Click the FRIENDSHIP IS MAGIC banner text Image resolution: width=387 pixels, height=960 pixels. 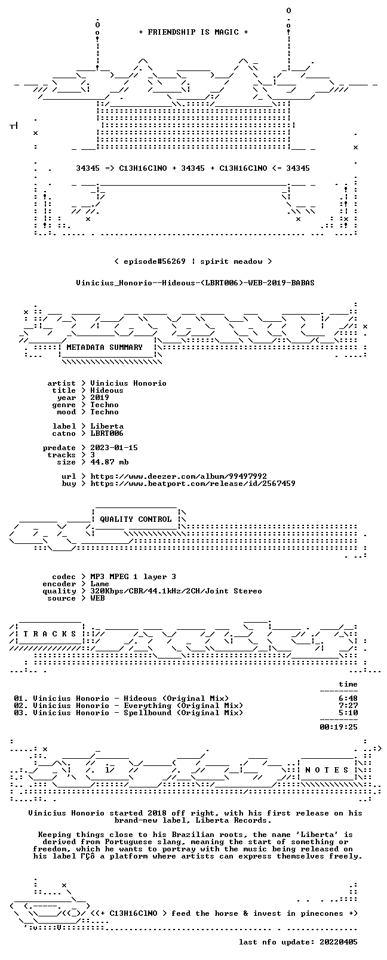tap(193, 32)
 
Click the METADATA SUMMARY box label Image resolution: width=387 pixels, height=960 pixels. tap(105, 347)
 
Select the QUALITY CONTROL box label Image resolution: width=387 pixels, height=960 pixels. tap(136, 519)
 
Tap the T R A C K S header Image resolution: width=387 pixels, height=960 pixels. tap(50, 634)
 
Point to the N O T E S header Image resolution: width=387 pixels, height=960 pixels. tap(327, 770)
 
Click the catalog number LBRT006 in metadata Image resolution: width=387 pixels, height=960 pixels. tap(107, 433)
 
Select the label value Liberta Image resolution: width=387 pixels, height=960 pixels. tap(107, 426)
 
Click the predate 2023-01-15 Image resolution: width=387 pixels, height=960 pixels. tap(114, 447)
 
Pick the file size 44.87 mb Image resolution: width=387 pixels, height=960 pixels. tap(109, 462)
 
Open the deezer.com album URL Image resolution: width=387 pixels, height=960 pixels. tap(179, 476)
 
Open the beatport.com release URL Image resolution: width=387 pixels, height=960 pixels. tap(193, 484)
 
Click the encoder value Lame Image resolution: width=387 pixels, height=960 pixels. tap(99, 584)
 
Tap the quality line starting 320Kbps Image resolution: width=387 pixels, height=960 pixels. tap(176, 591)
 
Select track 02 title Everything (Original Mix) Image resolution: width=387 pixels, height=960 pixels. tap(183, 706)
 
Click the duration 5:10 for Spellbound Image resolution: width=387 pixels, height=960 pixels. tap(348, 713)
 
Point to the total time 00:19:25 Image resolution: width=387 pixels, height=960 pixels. tap(339, 727)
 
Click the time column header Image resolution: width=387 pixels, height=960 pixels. tap(348, 684)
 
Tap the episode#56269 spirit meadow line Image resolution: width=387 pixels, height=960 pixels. tap(193, 261)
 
